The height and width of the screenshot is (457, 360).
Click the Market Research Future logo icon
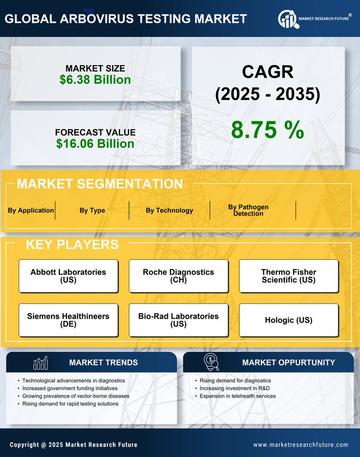point(288,19)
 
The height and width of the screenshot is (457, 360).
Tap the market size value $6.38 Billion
point(95,80)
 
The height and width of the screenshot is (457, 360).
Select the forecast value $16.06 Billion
point(95,144)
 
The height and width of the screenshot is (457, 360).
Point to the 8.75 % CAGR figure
point(267,130)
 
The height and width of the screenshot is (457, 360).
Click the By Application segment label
point(31,210)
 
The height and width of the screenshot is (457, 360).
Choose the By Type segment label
point(92,210)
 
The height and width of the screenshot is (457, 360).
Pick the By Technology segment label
point(169,210)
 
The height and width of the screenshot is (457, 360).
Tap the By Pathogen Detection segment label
point(248,210)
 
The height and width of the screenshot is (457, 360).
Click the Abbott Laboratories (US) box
point(68,276)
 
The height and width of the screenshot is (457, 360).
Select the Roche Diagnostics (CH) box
point(178,276)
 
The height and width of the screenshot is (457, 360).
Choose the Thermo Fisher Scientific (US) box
point(289,276)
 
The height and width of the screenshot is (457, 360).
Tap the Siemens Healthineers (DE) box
point(68,320)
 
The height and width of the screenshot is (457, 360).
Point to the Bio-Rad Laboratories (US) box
point(178,320)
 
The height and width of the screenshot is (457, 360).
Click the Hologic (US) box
point(289,320)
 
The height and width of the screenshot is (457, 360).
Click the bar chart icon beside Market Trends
point(41,363)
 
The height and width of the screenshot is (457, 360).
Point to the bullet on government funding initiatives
point(70,388)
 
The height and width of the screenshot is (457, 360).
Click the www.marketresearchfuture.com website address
point(301,445)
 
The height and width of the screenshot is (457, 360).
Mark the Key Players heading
point(72,244)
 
